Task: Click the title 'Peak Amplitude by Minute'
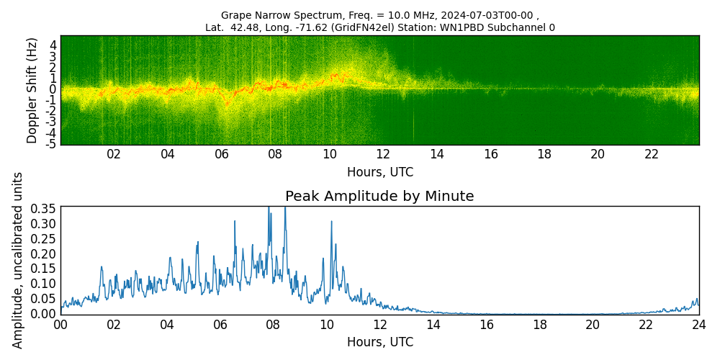pyautogui.click(x=379, y=197)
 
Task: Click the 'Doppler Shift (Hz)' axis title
pyautogui.click(x=32, y=90)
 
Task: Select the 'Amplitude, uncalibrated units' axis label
pyautogui.click(x=18, y=260)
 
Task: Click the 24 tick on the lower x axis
pyautogui.click(x=698, y=325)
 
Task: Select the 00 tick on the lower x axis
pyautogui.click(x=60, y=325)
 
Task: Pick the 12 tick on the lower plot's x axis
pyautogui.click(x=379, y=325)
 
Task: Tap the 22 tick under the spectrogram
pyautogui.click(x=652, y=155)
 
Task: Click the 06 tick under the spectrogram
pyautogui.click(x=221, y=155)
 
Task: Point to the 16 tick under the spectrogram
pyautogui.click(x=490, y=155)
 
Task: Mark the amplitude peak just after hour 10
pyautogui.click(x=331, y=222)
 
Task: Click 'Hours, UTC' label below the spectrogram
pyautogui.click(x=379, y=172)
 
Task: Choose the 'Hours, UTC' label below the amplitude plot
pyautogui.click(x=379, y=342)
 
